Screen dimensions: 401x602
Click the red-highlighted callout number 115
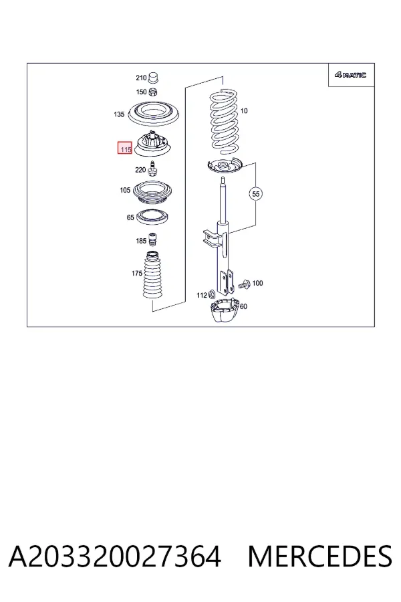coord(125,148)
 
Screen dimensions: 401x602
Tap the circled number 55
coord(256,194)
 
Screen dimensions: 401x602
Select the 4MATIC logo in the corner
coord(350,75)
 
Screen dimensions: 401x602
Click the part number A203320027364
coord(115,556)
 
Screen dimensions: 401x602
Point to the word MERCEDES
coord(319,556)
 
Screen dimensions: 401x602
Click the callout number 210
coord(141,78)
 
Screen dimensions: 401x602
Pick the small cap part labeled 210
coord(154,77)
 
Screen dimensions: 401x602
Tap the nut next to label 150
coord(153,92)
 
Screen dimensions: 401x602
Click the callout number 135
coord(119,114)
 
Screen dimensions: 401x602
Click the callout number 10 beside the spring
coord(244,111)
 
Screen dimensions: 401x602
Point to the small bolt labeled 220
coord(153,169)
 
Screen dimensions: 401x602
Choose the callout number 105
coord(125,190)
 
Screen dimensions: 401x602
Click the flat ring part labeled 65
coord(153,217)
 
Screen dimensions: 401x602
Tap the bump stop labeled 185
coord(153,241)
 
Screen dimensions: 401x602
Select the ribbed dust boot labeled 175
coord(153,276)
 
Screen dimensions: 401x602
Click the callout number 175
coord(137,274)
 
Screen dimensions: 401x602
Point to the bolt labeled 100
coord(244,284)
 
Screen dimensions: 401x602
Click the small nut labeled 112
coord(211,294)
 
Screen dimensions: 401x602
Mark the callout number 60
coord(244,306)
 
